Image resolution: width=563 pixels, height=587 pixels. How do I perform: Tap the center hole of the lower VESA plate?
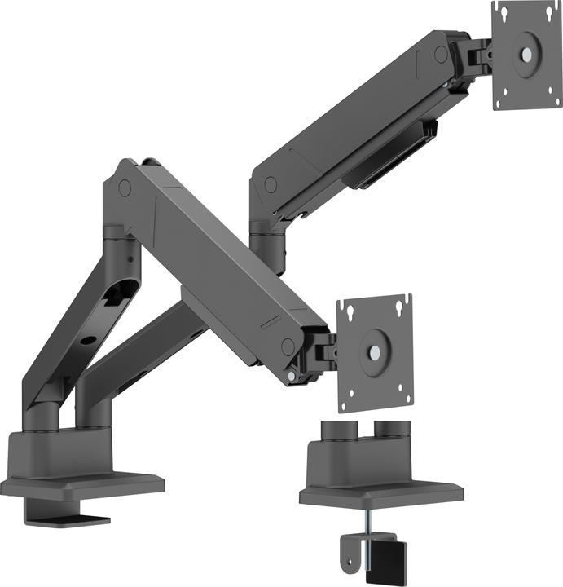click(x=373, y=352)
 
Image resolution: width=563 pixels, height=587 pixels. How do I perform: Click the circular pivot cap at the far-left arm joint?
click(x=125, y=188)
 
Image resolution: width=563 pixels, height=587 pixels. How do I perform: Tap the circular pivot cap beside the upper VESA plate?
click(x=441, y=55)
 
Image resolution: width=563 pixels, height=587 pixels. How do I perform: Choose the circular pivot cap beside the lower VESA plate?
click(x=288, y=346)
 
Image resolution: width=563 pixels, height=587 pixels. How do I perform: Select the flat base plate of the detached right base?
click(x=380, y=492)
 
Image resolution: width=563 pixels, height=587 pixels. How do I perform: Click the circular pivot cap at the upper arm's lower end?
click(x=270, y=185)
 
